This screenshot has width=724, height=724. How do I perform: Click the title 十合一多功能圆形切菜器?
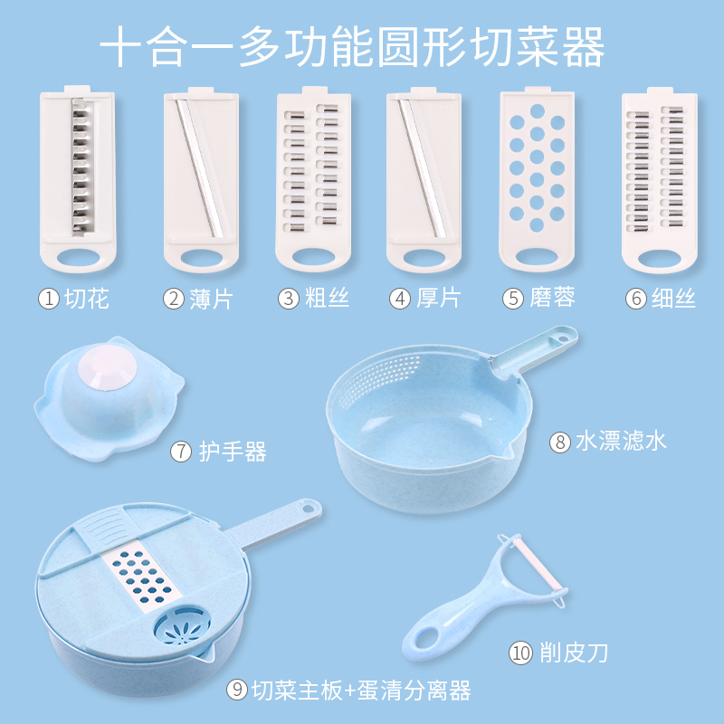coord(352,47)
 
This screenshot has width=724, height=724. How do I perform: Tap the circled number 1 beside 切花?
coord(49,299)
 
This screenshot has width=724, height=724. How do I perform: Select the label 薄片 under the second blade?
coord(211,299)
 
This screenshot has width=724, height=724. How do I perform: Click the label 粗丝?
coord(327,298)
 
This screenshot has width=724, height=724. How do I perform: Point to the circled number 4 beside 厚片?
coord(400,299)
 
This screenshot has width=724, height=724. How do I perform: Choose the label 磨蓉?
coord(552,298)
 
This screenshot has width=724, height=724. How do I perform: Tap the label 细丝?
coord(673,298)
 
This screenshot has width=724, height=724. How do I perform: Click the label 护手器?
coord(233,451)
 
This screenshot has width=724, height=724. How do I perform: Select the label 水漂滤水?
coord(621,441)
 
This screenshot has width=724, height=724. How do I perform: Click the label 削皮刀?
coord(574,653)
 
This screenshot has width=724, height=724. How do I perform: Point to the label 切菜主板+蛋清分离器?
coord(361,691)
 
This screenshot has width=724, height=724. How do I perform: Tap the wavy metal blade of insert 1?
coord(82,167)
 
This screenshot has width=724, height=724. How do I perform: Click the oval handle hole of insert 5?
coord(537,257)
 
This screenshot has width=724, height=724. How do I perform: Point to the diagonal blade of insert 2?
coord(199,168)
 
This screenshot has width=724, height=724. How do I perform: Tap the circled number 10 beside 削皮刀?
coord(520,653)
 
